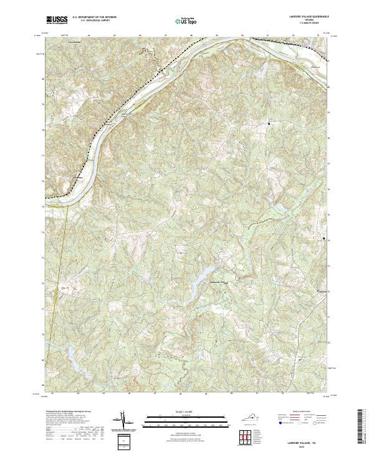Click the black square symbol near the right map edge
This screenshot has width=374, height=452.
click(324, 239)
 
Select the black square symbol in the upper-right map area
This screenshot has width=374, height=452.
click(269, 123)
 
